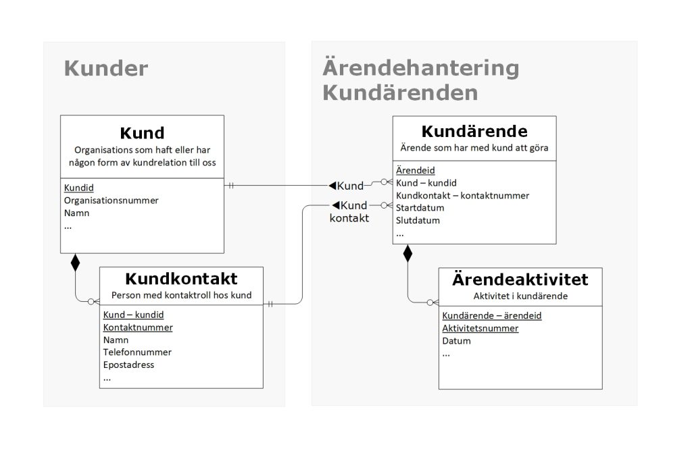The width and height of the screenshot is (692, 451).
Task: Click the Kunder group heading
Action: tap(106, 68)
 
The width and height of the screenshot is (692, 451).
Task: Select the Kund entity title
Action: tap(142, 133)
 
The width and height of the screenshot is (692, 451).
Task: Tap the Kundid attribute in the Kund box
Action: tap(79, 188)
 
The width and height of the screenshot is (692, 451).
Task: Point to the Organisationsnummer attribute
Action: tap(112, 200)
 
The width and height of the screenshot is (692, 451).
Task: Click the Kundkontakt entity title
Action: tap(181, 279)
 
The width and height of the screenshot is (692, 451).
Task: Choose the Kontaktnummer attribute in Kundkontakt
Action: tap(138, 327)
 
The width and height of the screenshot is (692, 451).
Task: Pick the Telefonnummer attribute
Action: tap(137, 352)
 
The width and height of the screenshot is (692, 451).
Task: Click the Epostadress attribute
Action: tap(129, 365)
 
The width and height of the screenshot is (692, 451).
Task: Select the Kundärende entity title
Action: tap(474, 132)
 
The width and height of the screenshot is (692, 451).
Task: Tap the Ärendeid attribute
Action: tap(416, 170)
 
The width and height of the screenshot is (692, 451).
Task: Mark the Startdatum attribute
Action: tap(420, 208)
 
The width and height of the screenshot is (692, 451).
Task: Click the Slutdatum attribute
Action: tap(418, 220)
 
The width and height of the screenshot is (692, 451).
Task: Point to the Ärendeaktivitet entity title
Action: tap(520, 280)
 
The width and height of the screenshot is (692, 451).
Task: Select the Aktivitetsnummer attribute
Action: tap(480, 328)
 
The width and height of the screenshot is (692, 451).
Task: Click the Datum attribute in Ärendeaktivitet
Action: tap(456, 341)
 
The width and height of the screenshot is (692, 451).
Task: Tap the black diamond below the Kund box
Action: tap(76, 263)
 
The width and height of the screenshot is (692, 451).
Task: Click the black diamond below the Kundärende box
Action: tap(407, 253)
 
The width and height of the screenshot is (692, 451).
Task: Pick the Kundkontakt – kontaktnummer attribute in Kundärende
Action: tap(462, 195)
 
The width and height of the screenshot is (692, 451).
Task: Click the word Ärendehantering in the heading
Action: tap(420, 68)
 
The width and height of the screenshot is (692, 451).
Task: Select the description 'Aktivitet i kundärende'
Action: tap(521, 296)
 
